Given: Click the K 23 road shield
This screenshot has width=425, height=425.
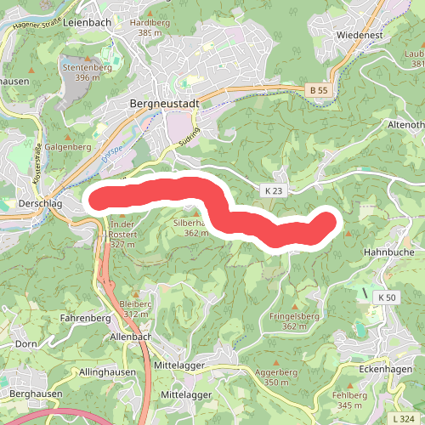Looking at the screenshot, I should click(272, 191).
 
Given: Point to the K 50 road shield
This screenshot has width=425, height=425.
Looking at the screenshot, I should click(386, 297).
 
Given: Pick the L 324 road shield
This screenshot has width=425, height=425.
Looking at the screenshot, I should click(404, 419).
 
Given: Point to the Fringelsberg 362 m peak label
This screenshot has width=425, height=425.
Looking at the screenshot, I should click(294, 320).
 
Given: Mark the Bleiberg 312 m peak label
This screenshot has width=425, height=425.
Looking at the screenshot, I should click(135, 308).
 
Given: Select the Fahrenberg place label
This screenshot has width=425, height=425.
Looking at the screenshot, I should click(85, 318).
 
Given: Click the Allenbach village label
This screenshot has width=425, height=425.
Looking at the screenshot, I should click(131, 337).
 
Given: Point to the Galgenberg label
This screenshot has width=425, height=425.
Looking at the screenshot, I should click(68, 147).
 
